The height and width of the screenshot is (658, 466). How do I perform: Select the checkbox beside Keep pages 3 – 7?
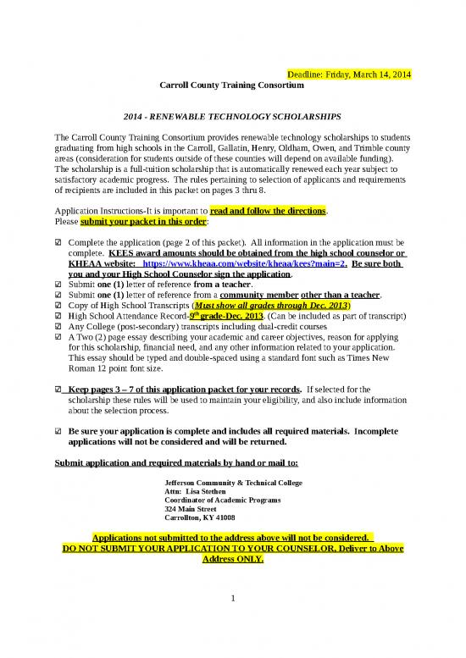57,390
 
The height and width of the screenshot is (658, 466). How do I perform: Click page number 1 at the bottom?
233,600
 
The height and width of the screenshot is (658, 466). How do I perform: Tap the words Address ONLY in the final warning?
233,561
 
